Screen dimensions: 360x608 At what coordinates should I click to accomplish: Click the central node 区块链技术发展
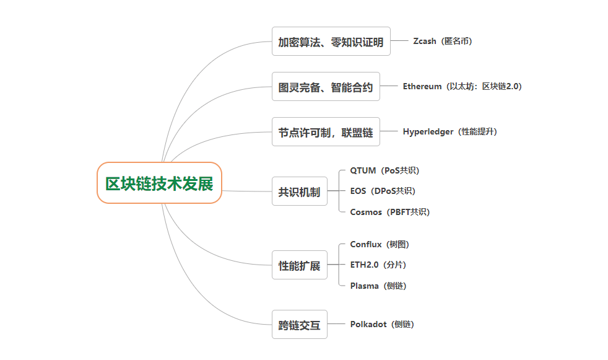coord(159,183)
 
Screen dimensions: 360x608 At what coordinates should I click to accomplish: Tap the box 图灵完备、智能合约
coord(326,87)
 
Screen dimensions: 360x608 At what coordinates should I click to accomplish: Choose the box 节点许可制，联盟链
coord(326,132)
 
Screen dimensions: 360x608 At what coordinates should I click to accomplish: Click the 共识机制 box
coord(299,191)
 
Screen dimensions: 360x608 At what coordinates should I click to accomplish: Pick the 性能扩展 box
coord(299,265)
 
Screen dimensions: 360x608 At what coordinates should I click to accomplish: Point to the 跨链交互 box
coord(299,324)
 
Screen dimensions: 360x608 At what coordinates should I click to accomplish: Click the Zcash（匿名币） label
coord(443,42)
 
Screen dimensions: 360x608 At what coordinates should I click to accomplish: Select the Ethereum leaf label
coord(462,87)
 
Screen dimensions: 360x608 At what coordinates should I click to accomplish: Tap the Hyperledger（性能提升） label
coord(449,132)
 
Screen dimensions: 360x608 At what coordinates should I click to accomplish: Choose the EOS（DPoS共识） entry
coord(383,191)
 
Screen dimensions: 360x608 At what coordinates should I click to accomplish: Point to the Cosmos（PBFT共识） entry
coord(389,212)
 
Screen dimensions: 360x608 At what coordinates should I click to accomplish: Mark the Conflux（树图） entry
coord(380,245)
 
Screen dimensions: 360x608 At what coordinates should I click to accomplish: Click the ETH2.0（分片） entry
coord(378,265)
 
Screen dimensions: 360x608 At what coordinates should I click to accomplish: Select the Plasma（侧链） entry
coord(378,286)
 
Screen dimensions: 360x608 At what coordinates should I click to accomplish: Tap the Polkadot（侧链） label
coord(382,324)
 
